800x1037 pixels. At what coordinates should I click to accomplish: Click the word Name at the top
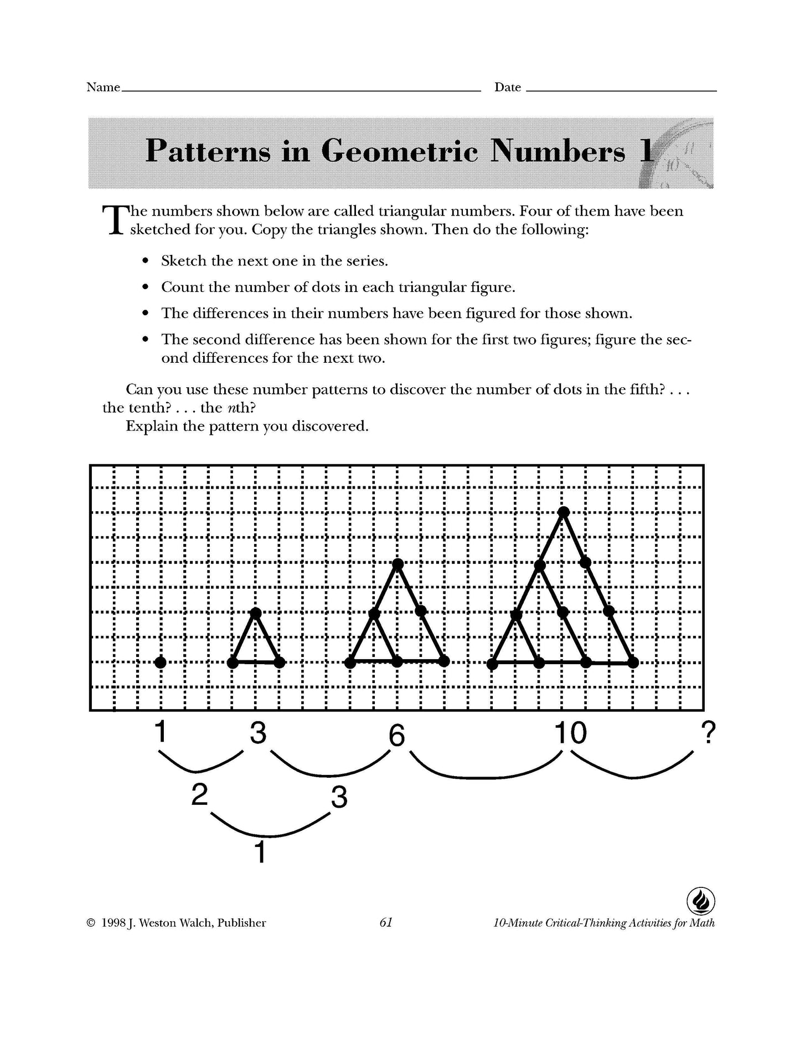pyautogui.click(x=103, y=88)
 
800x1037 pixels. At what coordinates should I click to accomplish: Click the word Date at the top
pyautogui.click(x=508, y=88)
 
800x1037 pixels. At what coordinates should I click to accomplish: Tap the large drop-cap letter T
pyautogui.click(x=112, y=220)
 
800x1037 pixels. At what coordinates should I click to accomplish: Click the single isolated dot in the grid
pyautogui.click(x=161, y=662)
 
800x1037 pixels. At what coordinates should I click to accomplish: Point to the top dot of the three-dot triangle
pyautogui.click(x=256, y=613)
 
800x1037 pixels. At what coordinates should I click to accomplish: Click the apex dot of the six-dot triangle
pyautogui.click(x=398, y=564)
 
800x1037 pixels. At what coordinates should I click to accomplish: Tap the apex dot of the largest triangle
pyautogui.click(x=564, y=511)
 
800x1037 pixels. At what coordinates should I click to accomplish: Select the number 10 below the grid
pyautogui.click(x=571, y=733)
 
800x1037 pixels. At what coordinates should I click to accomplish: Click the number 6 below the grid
pyautogui.click(x=397, y=736)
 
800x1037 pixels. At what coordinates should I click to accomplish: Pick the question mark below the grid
pyautogui.click(x=708, y=733)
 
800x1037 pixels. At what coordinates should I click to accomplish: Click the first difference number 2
pyautogui.click(x=199, y=795)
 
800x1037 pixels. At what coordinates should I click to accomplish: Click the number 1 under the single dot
pyautogui.click(x=161, y=732)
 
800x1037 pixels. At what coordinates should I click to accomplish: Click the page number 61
pyautogui.click(x=386, y=922)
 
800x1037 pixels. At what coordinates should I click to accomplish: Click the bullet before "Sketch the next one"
pyautogui.click(x=146, y=261)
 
